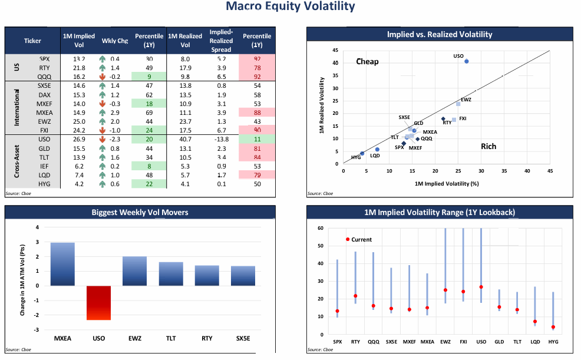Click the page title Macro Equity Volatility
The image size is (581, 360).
290,7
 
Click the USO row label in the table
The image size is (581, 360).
44,139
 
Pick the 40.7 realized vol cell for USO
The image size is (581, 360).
185,139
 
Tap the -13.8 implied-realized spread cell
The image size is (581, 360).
221,139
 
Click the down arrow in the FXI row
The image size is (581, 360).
103,130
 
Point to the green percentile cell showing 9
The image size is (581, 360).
150,76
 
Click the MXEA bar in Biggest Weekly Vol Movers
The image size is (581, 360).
62,264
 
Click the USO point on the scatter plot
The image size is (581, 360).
466,61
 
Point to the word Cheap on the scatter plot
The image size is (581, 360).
367,62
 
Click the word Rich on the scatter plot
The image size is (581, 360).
488,146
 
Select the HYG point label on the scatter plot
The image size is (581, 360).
356,157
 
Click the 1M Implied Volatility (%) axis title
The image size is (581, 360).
446,184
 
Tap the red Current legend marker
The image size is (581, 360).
348,239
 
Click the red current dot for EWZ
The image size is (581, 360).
445,290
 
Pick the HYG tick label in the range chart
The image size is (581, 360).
553,342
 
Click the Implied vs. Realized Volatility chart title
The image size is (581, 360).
439,35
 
